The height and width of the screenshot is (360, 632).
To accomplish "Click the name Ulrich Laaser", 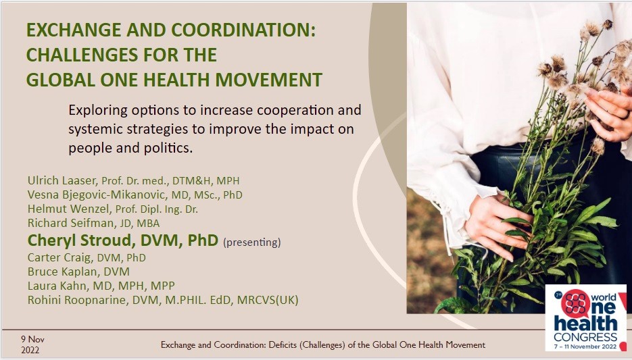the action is coord(62,180).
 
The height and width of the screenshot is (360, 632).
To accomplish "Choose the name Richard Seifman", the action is coord(70,223).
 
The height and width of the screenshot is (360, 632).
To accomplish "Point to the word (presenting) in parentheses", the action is coord(252,242).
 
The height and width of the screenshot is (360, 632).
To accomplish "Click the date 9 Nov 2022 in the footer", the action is coord(32,344).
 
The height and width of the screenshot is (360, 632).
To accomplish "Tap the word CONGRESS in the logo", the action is coord(585,337).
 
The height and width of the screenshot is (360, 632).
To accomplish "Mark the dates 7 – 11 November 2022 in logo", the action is coord(585,346).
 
